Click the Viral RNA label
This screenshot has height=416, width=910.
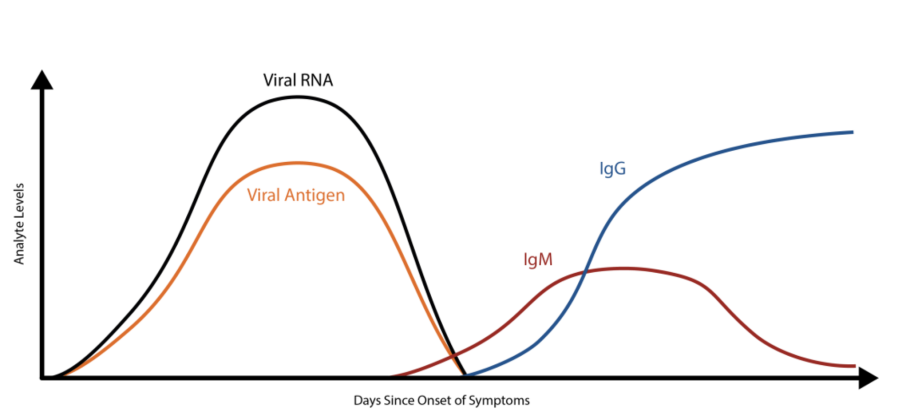[298, 80]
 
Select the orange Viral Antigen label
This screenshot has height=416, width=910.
[296, 195]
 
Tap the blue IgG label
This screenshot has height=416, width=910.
[612, 168]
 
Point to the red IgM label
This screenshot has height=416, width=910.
[538, 259]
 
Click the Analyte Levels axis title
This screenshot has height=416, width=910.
[19, 223]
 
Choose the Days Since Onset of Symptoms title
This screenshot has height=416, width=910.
[441, 400]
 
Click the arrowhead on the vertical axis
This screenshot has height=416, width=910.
[42, 80]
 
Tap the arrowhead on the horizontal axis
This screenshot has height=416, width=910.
[868, 378]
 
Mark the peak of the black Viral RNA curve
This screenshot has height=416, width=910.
[297, 97]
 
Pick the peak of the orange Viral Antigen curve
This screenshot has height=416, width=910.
[297, 163]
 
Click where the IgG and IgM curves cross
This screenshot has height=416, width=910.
[584, 271]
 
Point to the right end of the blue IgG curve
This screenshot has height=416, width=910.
[852, 132]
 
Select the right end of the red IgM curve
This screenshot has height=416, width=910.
[854, 366]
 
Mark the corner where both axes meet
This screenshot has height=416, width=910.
[42, 378]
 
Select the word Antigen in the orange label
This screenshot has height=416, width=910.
[314, 195]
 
